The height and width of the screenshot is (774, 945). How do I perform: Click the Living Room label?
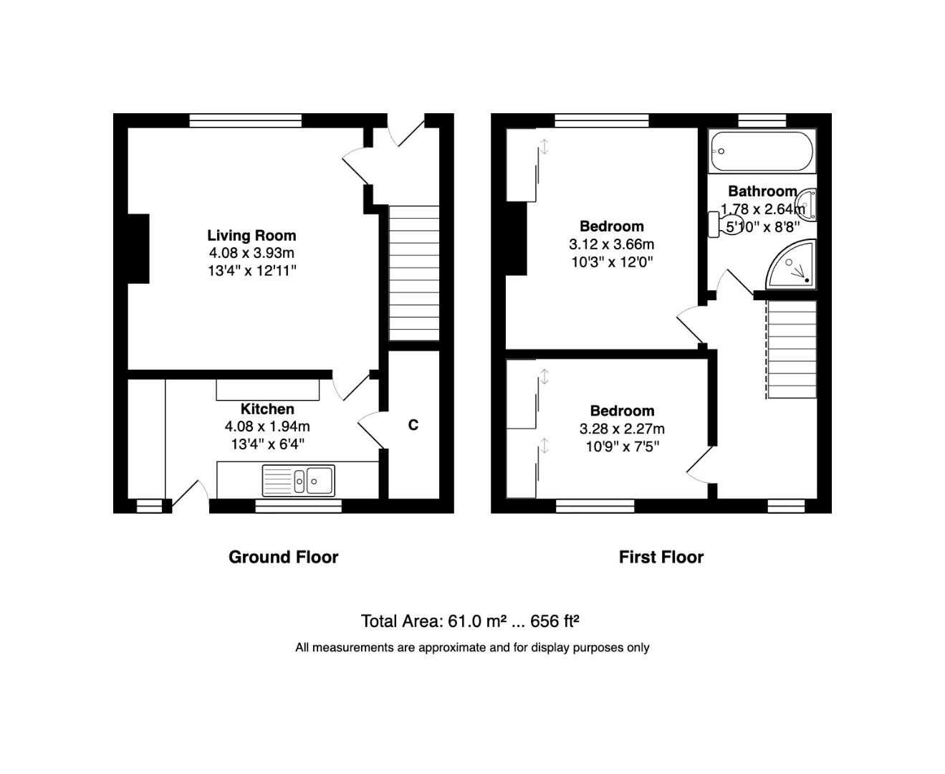coord(251,235)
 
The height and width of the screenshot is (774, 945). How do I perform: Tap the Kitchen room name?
coord(267,408)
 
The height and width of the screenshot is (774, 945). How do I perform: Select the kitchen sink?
coord(298,480)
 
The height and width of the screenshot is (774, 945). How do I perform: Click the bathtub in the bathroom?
coord(761,151)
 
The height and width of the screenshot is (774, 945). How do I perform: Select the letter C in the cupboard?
coord(413,425)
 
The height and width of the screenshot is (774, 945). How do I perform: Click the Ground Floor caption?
coord(283,557)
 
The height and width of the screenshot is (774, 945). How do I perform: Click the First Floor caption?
coord(661,557)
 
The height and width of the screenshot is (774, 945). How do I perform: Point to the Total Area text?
coord(469,621)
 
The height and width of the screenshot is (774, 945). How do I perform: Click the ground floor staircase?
coord(413,272)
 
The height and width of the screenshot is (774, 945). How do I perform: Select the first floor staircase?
coord(791,349)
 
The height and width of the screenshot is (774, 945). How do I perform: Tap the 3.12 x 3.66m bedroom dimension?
coord(611,244)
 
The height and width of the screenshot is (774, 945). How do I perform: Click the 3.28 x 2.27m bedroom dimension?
coord(621,429)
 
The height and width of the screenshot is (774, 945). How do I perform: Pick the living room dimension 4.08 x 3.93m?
coord(251,253)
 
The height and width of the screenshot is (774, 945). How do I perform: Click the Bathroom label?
coord(762,191)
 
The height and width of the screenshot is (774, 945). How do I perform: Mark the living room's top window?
coord(245,120)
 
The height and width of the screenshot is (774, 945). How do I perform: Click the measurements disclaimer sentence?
coord(472,647)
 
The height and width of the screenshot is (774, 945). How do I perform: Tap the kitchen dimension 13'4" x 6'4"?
coord(267,444)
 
